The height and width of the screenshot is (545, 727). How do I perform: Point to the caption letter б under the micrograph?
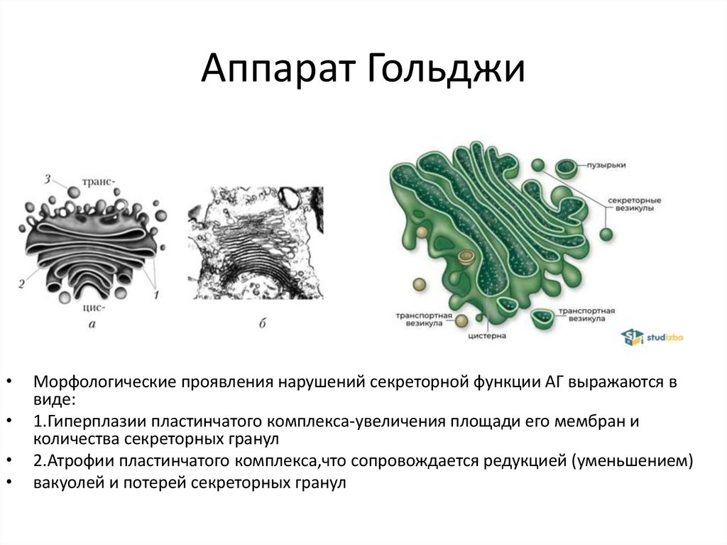[x=263, y=325]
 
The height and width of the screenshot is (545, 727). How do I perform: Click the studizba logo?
[x=651, y=336]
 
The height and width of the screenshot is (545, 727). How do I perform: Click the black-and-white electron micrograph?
[x=256, y=242]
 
